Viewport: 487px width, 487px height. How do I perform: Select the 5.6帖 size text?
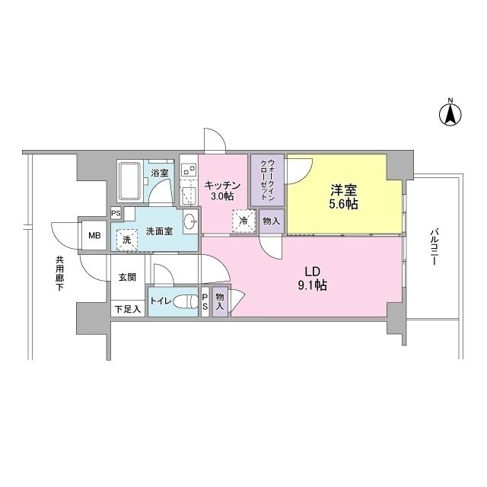click(344, 205)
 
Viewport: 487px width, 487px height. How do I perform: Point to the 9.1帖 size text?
click(312, 286)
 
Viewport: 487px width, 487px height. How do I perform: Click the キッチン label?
click(223, 184)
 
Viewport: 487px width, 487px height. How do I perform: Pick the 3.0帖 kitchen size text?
click(222, 196)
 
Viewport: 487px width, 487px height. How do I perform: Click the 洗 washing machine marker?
click(125, 240)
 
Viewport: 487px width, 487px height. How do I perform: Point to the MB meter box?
click(94, 235)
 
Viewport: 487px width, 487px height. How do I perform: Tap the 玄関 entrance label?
click(127, 278)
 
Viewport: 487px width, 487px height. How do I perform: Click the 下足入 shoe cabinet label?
click(127, 309)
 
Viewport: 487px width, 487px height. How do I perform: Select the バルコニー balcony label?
click(433, 245)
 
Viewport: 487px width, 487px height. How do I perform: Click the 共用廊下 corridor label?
click(59, 273)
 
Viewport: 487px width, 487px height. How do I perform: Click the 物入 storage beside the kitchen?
click(271, 221)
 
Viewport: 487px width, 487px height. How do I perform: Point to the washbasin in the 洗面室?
click(190, 222)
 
